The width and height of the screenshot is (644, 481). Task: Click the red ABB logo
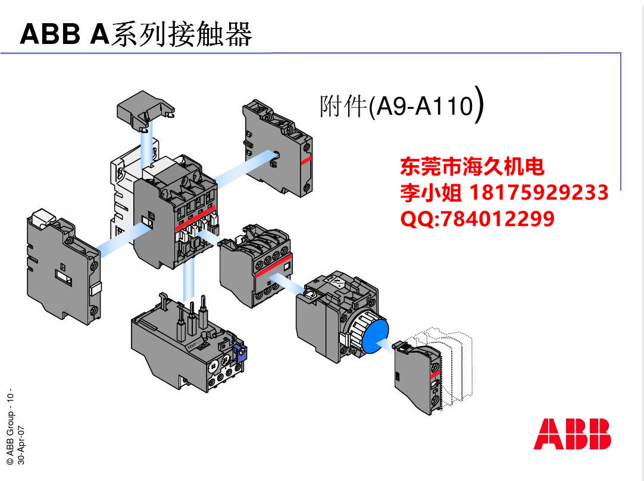pyautogui.click(x=572, y=434)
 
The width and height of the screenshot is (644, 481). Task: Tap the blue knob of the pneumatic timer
pyautogui.click(x=376, y=335)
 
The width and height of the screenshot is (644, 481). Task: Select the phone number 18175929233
pyautogui.click(x=539, y=193)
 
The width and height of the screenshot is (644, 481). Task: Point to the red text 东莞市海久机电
pyautogui.click(x=473, y=166)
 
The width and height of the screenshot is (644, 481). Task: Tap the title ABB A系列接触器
pyautogui.click(x=136, y=34)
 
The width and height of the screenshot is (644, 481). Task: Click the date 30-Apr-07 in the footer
pyautogui.click(x=21, y=445)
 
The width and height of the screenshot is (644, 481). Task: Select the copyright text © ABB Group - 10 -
pyautogui.click(x=10, y=427)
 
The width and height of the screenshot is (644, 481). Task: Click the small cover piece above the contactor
pyautogui.click(x=145, y=110)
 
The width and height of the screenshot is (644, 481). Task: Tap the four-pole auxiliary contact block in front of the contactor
pyautogui.click(x=255, y=265)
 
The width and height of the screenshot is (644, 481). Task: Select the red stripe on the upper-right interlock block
pyautogui.click(x=305, y=160)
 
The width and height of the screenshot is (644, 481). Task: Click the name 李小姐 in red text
pyautogui.click(x=431, y=193)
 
